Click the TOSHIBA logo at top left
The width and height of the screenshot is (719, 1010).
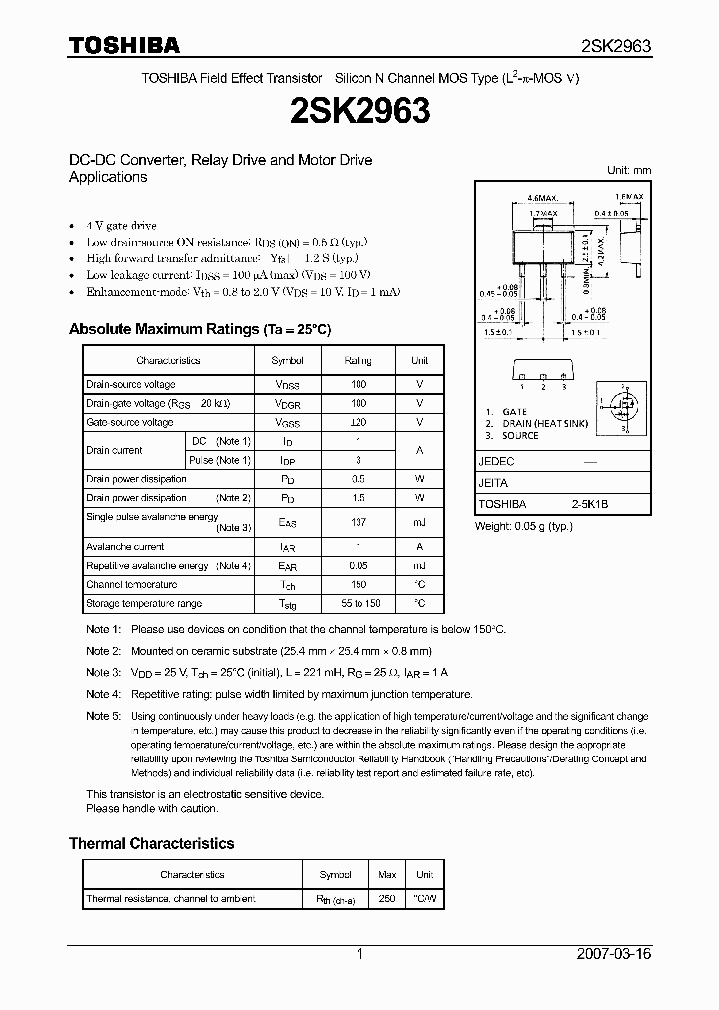tap(124, 45)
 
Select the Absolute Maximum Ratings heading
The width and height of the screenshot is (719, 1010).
tap(199, 329)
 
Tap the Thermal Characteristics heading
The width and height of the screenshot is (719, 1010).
tap(151, 843)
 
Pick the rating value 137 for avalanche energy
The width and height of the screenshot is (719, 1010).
tap(358, 522)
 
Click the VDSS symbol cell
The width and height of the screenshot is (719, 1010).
tap(288, 385)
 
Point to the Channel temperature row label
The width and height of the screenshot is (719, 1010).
tap(131, 585)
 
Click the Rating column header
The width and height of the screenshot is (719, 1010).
tap(358, 360)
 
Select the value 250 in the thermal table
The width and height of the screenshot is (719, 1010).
tap(387, 899)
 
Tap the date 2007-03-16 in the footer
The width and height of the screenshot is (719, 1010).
tap(614, 954)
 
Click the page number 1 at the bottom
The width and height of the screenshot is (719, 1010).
tap(359, 954)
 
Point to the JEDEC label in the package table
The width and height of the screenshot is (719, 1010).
tap(496, 462)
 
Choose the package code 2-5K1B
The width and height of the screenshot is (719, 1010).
tap(589, 505)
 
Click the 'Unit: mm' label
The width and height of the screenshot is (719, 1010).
tap(629, 170)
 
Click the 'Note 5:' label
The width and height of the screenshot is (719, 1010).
tap(103, 716)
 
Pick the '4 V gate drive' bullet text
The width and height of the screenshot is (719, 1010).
tap(121, 226)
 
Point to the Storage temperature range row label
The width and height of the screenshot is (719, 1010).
tap(144, 604)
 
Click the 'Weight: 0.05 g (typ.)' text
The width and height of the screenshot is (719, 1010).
tap(523, 525)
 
